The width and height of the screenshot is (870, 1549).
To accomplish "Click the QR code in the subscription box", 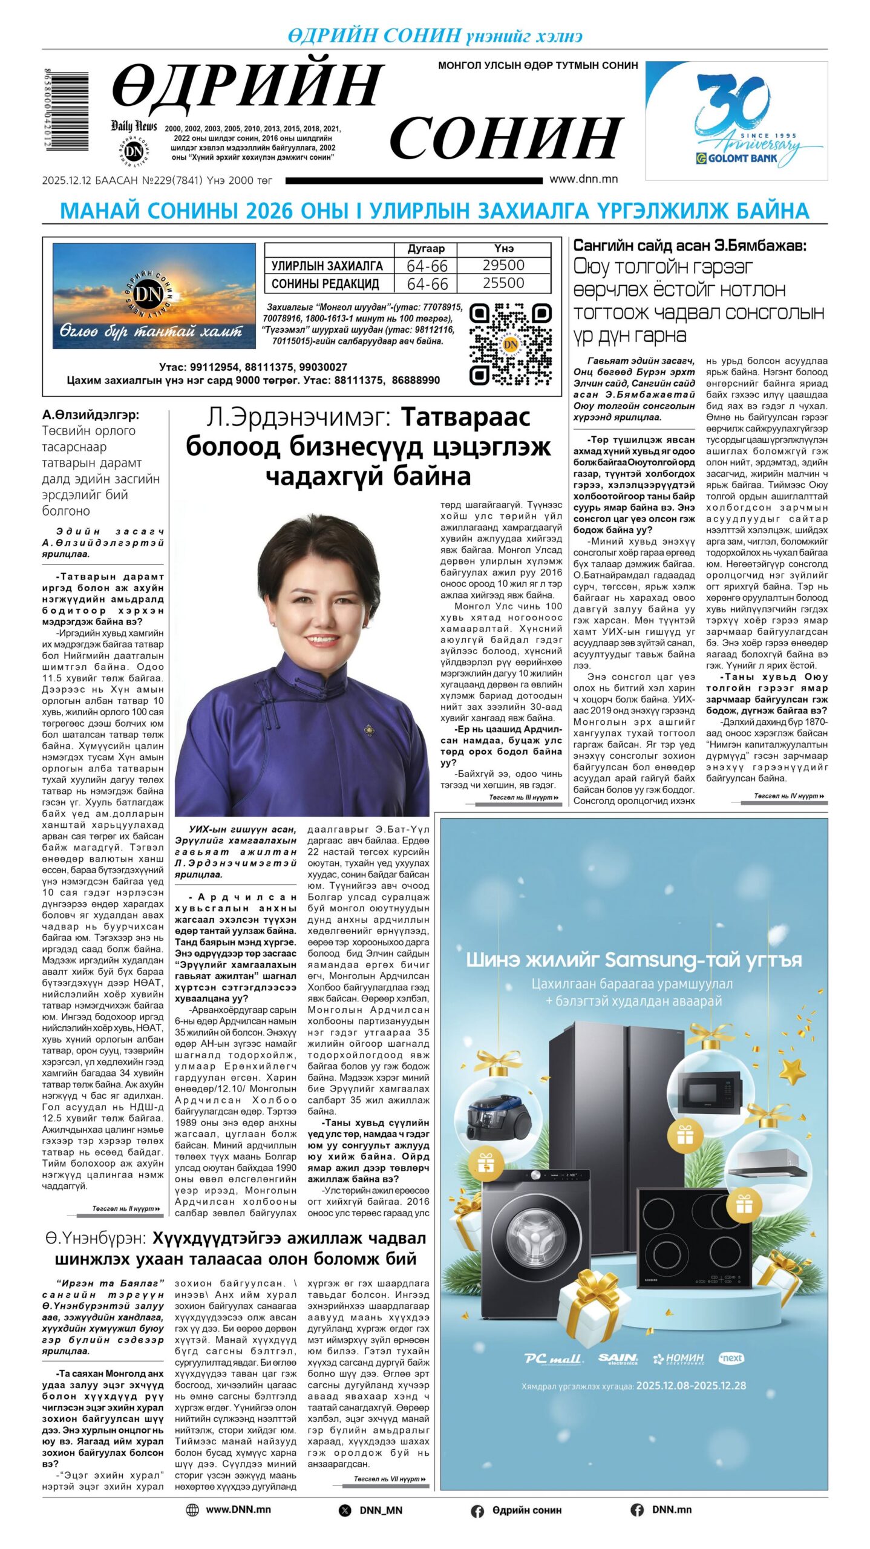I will point(510,344).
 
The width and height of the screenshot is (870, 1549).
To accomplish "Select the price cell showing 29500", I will point(503,265).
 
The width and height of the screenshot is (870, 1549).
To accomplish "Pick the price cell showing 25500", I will point(503,283).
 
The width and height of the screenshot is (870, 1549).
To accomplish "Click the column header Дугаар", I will point(426,249).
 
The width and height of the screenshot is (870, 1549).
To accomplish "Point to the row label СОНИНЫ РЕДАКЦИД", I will point(325,284).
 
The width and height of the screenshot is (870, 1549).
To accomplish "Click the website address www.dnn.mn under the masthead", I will point(583,179).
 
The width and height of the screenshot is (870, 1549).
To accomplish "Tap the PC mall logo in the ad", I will point(554,1359).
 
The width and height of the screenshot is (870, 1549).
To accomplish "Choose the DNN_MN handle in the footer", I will point(381,1510).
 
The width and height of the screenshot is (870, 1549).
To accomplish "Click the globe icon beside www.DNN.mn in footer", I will point(192,1510).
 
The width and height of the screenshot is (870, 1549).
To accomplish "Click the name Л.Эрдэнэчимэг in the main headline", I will point(300,418).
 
